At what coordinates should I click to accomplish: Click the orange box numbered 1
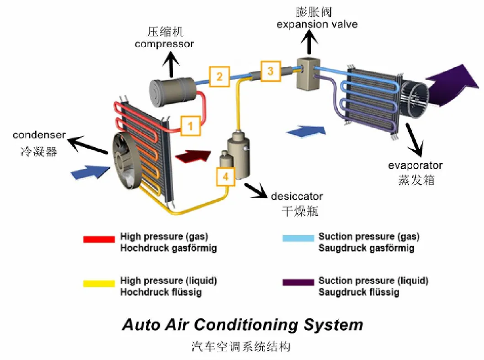click(191, 125)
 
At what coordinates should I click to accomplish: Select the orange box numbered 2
click(219, 76)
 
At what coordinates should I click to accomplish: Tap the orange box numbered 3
click(271, 71)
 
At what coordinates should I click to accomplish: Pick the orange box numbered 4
click(225, 176)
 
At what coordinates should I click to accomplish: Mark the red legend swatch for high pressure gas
click(99, 239)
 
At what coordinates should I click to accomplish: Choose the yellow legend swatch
click(99, 283)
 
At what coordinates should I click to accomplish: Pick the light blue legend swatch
click(298, 238)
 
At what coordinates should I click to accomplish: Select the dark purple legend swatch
click(298, 282)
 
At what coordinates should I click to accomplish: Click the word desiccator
click(297, 197)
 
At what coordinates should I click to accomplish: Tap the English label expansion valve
click(317, 24)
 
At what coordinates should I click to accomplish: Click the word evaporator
click(415, 165)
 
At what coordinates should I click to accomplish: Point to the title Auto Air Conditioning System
click(242, 325)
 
